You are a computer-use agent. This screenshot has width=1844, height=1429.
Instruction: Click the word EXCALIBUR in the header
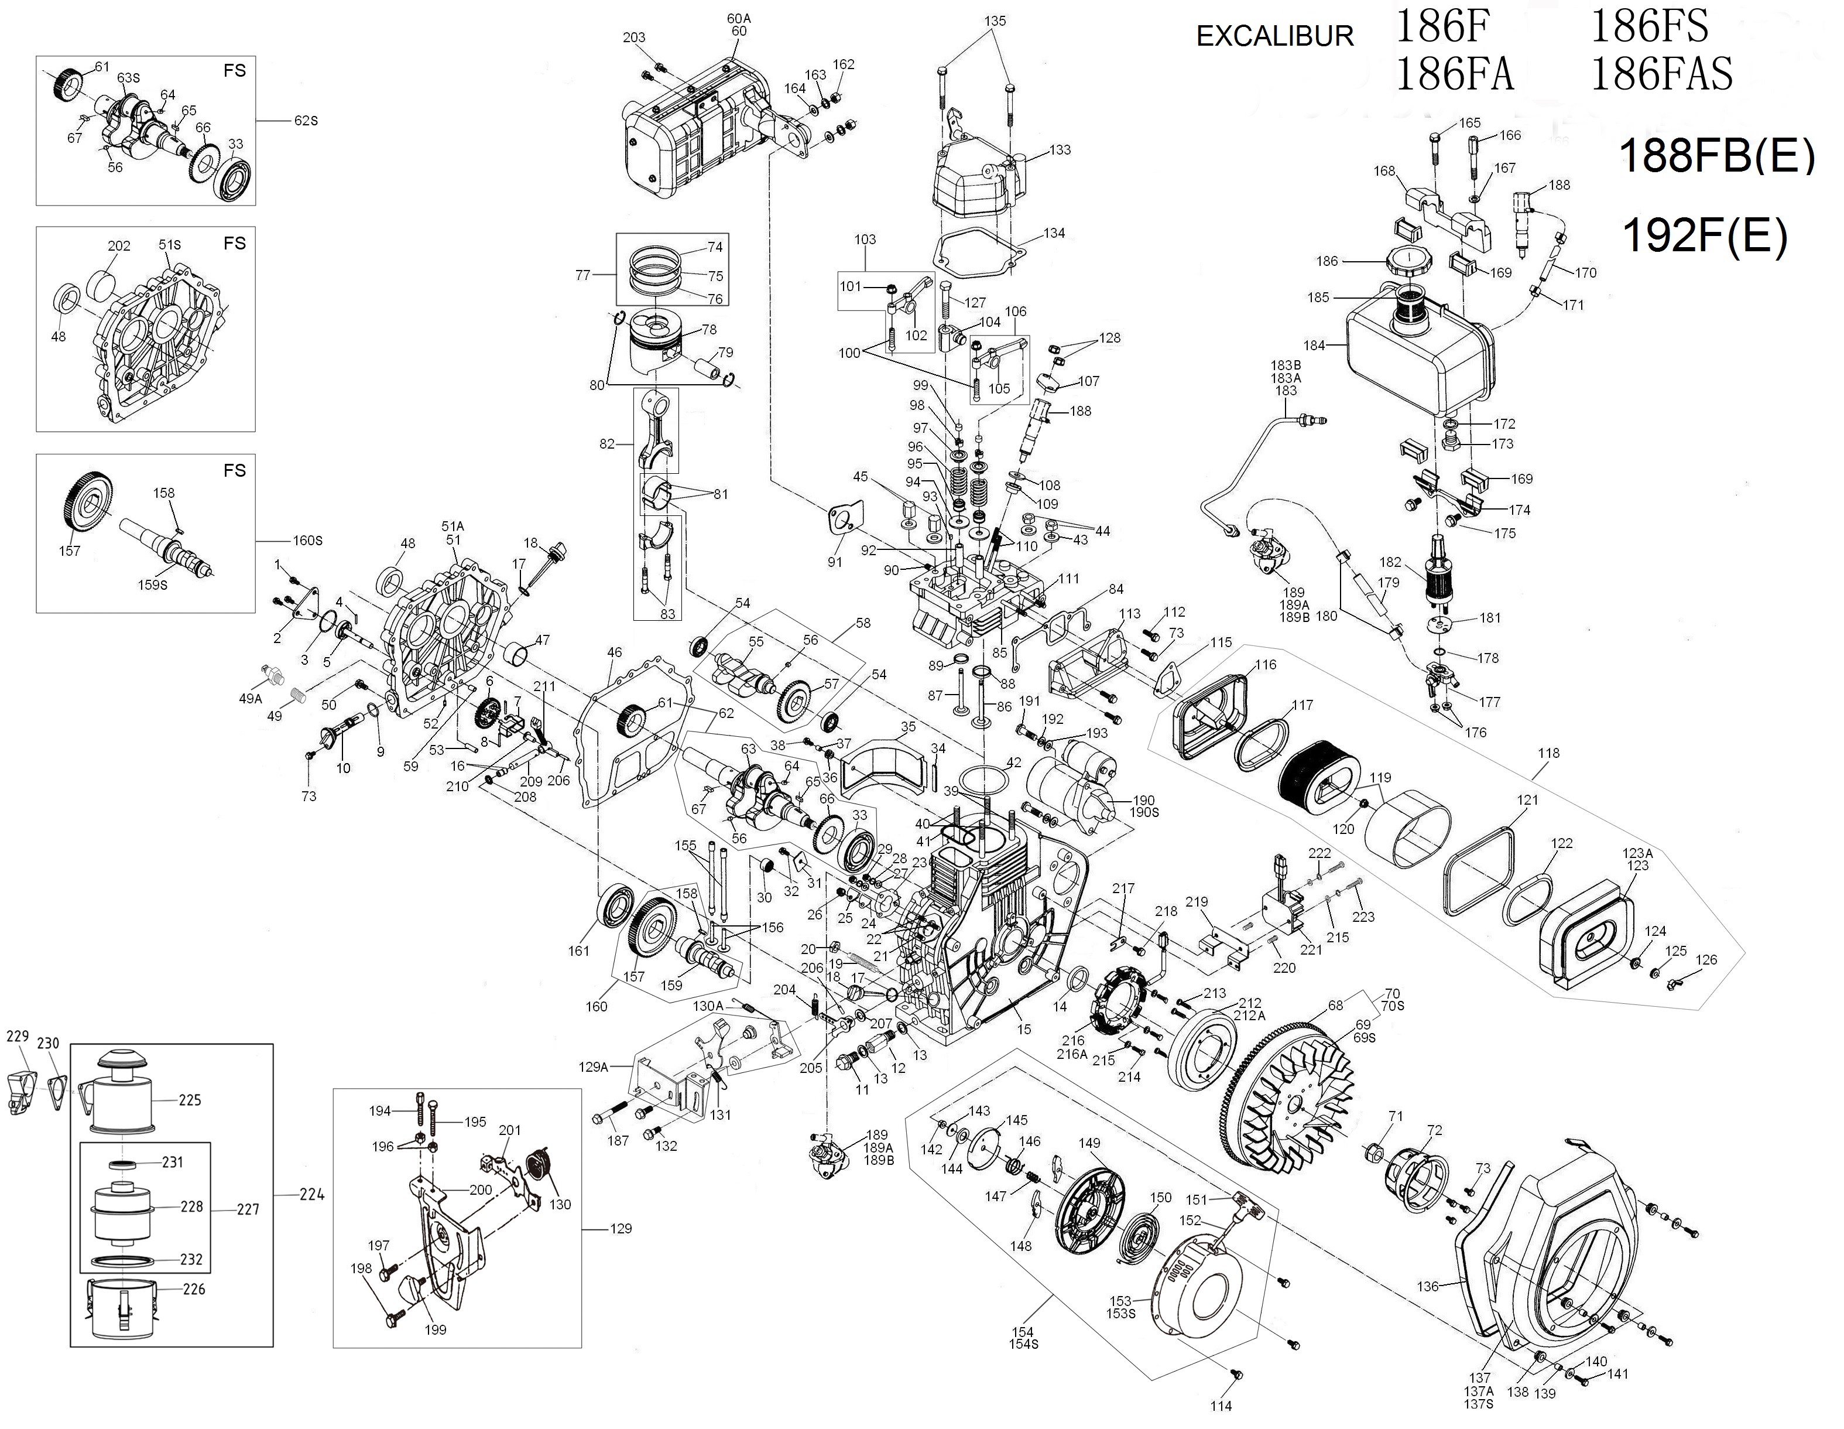(x=1275, y=36)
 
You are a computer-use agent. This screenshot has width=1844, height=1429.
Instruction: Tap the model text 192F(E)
(x=1705, y=237)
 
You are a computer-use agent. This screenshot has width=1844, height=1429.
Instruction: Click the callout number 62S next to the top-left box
(x=306, y=121)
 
